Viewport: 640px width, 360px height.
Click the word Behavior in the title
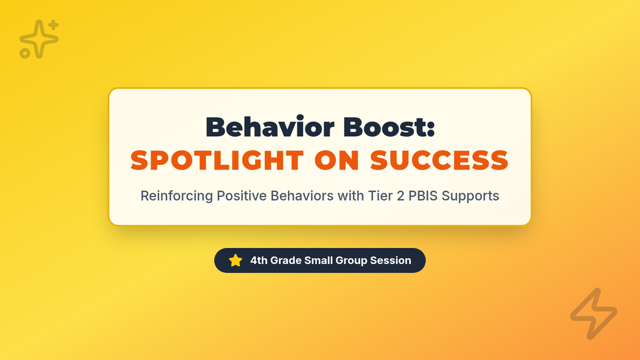270,126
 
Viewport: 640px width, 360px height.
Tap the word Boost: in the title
389,127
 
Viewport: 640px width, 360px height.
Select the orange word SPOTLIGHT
217,161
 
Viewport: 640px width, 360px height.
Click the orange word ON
337,161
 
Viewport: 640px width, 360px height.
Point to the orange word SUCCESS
439,161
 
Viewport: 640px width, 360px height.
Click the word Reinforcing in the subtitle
177,196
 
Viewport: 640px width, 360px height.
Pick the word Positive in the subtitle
242,196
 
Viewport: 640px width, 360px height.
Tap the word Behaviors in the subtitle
302,196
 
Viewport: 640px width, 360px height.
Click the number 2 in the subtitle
401,196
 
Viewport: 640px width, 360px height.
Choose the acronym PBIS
423,196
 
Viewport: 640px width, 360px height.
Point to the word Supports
470,197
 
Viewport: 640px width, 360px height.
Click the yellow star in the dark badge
235,261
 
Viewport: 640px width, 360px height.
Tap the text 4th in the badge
259,260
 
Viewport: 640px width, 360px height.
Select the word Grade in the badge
286,260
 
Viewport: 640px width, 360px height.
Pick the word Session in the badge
390,260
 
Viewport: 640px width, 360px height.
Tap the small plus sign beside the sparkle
53,25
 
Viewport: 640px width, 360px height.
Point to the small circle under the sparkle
25,53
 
